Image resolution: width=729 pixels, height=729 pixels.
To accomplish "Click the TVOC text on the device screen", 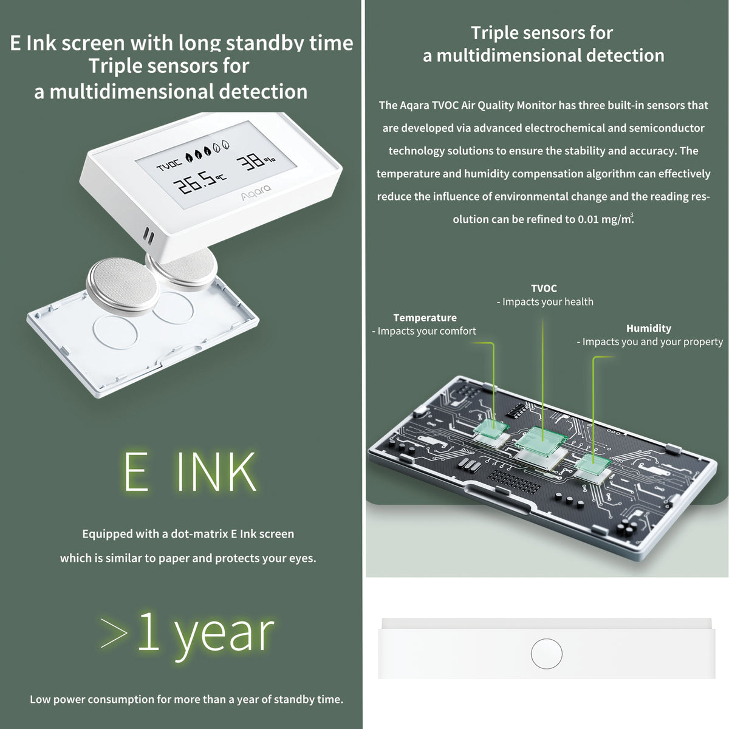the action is (169, 165).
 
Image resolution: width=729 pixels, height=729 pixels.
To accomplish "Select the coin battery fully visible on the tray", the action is (122, 286).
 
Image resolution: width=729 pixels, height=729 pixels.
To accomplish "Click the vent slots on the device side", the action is (148, 236).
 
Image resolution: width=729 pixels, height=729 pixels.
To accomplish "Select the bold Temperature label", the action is (425, 317).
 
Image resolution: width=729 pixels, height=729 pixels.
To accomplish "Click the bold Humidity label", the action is (648, 328).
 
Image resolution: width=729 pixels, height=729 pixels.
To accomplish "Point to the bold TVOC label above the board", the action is (544, 289).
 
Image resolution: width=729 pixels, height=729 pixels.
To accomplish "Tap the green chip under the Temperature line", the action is (491, 429).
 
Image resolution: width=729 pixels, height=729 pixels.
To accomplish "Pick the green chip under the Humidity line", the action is (593, 464).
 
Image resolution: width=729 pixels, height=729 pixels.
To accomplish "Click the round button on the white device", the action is (546, 653).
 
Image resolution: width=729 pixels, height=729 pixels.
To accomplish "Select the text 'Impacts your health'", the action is (547, 302).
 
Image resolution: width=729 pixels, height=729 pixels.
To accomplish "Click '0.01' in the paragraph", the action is (587, 219).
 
